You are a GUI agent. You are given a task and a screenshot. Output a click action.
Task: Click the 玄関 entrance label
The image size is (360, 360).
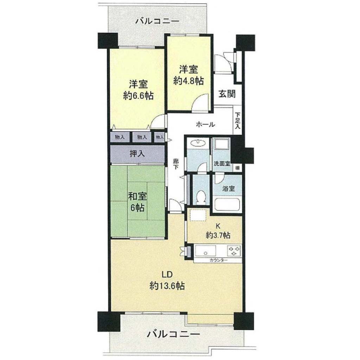[x=227, y=94]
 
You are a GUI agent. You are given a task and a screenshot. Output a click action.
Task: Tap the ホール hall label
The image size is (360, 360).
[x=205, y=125]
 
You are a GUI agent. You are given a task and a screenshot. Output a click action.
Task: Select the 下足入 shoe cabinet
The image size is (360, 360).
[x=238, y=120]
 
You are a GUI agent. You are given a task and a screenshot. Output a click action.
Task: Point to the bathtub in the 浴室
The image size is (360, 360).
[x=227, y=204]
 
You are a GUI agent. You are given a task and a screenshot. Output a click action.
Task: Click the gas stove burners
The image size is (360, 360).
[x=234, y=251]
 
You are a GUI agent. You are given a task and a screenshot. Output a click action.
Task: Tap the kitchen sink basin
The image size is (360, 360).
[x=205, y=251]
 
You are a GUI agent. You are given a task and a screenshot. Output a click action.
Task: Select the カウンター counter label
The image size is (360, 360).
[x=218, y=260]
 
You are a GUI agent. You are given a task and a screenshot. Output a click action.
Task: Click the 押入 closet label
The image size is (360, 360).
[x=137, y=154]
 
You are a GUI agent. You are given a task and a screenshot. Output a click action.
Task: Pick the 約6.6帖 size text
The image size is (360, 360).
[x=138, y=96]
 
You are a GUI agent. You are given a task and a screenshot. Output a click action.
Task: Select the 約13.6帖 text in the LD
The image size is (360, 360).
[x=167, y=286]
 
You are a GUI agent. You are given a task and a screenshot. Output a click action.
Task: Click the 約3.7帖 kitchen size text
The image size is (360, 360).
[x=218, y=235]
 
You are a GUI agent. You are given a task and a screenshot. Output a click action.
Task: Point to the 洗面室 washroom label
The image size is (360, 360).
[x=222, y=164]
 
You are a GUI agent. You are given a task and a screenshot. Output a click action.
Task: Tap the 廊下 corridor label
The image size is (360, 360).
[x=176, y=164]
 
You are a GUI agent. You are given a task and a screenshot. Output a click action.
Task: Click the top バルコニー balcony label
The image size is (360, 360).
[x=157, y=21]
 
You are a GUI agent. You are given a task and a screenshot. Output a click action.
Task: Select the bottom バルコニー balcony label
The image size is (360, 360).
[x=173, y=334]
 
